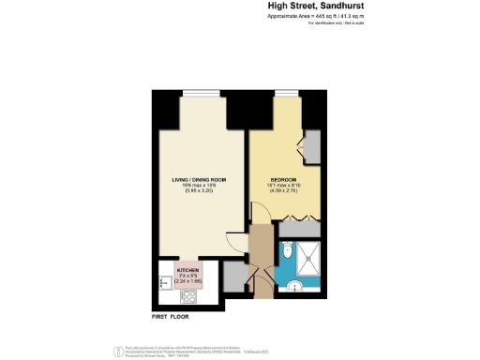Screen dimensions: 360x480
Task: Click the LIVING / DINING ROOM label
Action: pos(199,179)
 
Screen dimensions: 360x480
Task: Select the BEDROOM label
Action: pos(284,179)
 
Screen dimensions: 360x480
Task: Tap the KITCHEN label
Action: pos(188,269)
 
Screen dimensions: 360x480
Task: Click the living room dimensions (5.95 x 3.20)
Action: pos(199,191)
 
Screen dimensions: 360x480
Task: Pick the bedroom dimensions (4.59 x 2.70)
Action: pos(284,191)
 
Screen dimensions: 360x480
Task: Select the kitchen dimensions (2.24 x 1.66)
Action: pos(188,280)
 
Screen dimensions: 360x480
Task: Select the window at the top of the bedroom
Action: pos(279,92)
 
